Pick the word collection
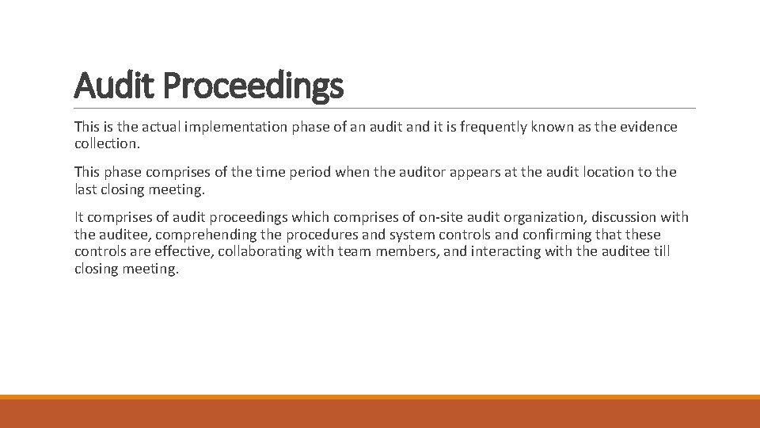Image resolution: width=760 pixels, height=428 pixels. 105,144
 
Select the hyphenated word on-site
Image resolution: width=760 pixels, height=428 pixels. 440,217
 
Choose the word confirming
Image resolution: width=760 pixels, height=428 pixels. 529,235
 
